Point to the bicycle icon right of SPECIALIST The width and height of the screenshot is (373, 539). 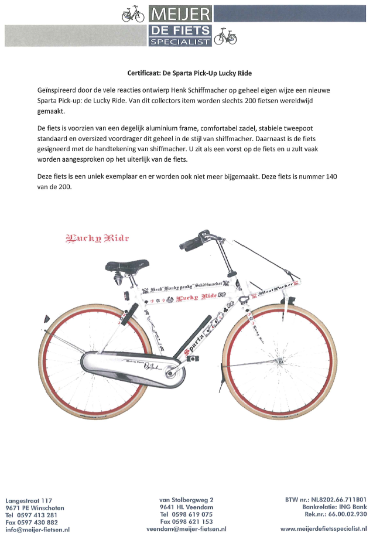click(x=225, y=37)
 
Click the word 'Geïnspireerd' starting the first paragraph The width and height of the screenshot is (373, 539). click(x=56, y=91)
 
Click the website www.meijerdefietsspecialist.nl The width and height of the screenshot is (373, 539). click(x=323, y=529)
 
